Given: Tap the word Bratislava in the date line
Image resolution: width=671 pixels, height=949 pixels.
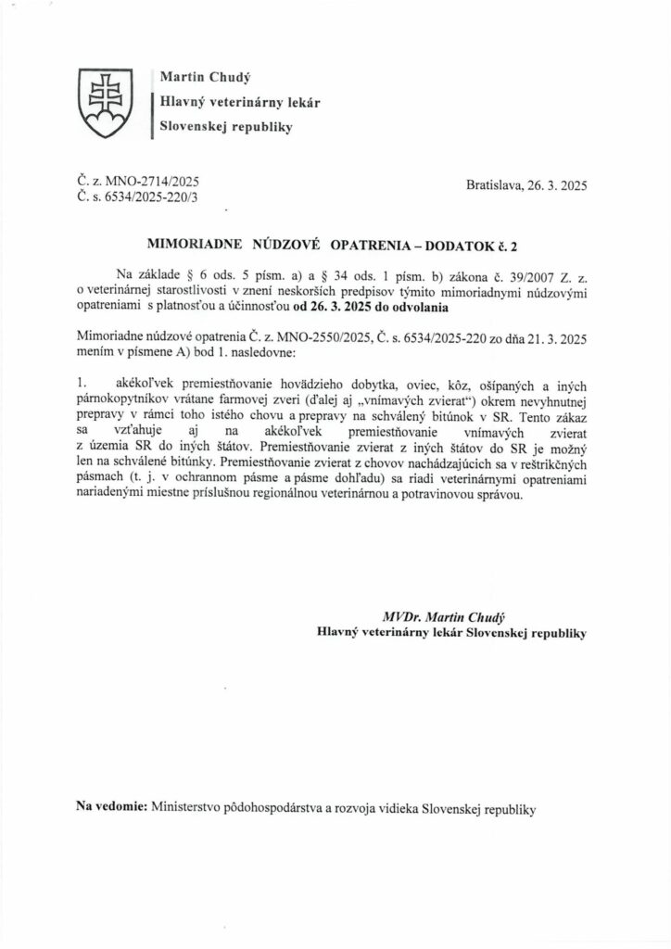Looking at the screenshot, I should [497, 186].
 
